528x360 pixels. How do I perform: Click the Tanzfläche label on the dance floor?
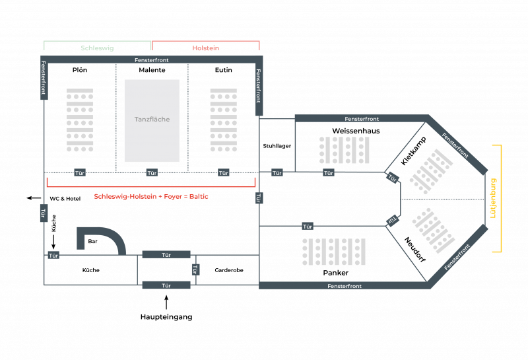click(x=152, y=120)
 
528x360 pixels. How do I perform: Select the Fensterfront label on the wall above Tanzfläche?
click(x=151, y=61)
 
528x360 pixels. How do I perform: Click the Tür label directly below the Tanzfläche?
click(x=152, y=172)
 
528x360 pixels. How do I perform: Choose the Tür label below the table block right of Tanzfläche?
click(x=224, y=172)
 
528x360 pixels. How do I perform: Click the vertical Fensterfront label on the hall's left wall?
click(x=44, y=79)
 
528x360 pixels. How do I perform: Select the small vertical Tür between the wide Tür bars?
click(x=196, y=270)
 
